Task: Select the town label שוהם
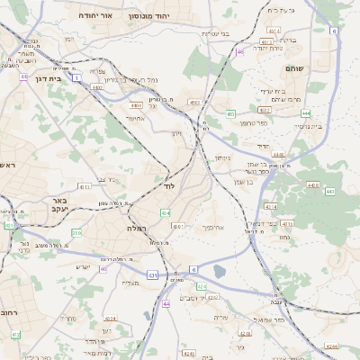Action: pos(294,68)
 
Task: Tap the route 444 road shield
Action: pos(306,113)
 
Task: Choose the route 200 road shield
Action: pos(76,233)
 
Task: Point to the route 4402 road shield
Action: pos(97,87)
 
